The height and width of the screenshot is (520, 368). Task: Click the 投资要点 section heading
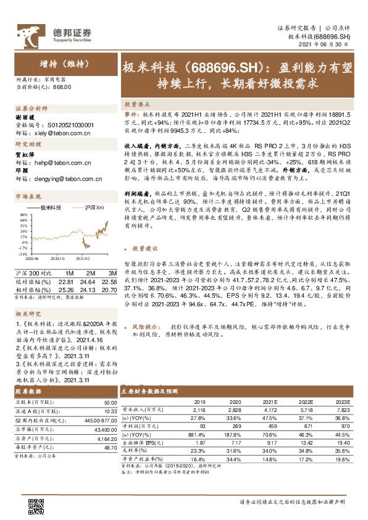click(138, 104)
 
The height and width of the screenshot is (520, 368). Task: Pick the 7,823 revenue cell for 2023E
click(342, 409)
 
